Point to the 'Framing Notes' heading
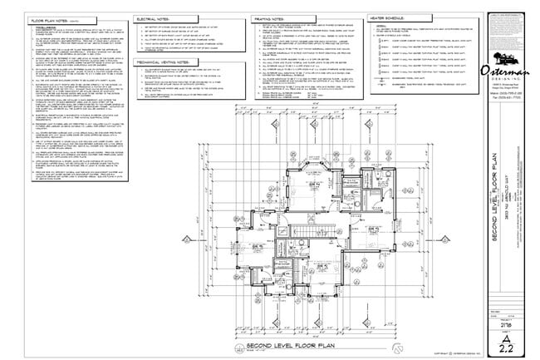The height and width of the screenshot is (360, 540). click(268, 17)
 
